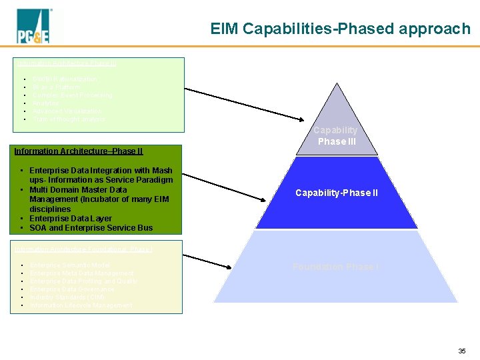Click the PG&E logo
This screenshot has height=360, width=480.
click(33, 28)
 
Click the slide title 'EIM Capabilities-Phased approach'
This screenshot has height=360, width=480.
click(340, 29)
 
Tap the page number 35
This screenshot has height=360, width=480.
click(462, 351)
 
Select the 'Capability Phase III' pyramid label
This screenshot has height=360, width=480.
click(336, 135)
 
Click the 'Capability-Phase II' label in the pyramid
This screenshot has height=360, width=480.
click(336, 193)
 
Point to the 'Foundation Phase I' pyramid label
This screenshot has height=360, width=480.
click(336, 267)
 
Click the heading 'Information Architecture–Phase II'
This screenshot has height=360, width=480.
click(79, 151)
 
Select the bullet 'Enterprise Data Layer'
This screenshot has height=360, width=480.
click(71, 218)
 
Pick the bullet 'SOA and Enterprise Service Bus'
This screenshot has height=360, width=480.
click(91, 227)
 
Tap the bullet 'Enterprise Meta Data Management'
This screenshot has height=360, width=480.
click(82, 273)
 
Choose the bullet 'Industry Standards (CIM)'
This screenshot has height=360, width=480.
click(68, 297)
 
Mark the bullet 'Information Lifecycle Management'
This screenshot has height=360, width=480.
click(81, 305)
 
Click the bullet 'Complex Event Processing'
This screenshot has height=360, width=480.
click(73, 95)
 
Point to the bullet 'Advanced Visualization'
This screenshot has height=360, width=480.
click(67, 111)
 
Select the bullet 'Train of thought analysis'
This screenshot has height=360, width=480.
click(69, 119)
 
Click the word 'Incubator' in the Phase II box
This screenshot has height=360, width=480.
click(109, 199)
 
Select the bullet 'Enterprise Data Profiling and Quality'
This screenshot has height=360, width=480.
click(85, 281)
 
